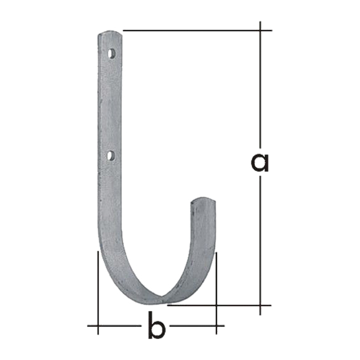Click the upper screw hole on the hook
[111, 54]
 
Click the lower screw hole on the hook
[111, 156]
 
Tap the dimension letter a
[260, 163]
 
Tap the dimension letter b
[157, 325]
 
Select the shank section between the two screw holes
[110, 105]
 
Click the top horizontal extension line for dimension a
[197, 30]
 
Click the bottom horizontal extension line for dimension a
[219, 305]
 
